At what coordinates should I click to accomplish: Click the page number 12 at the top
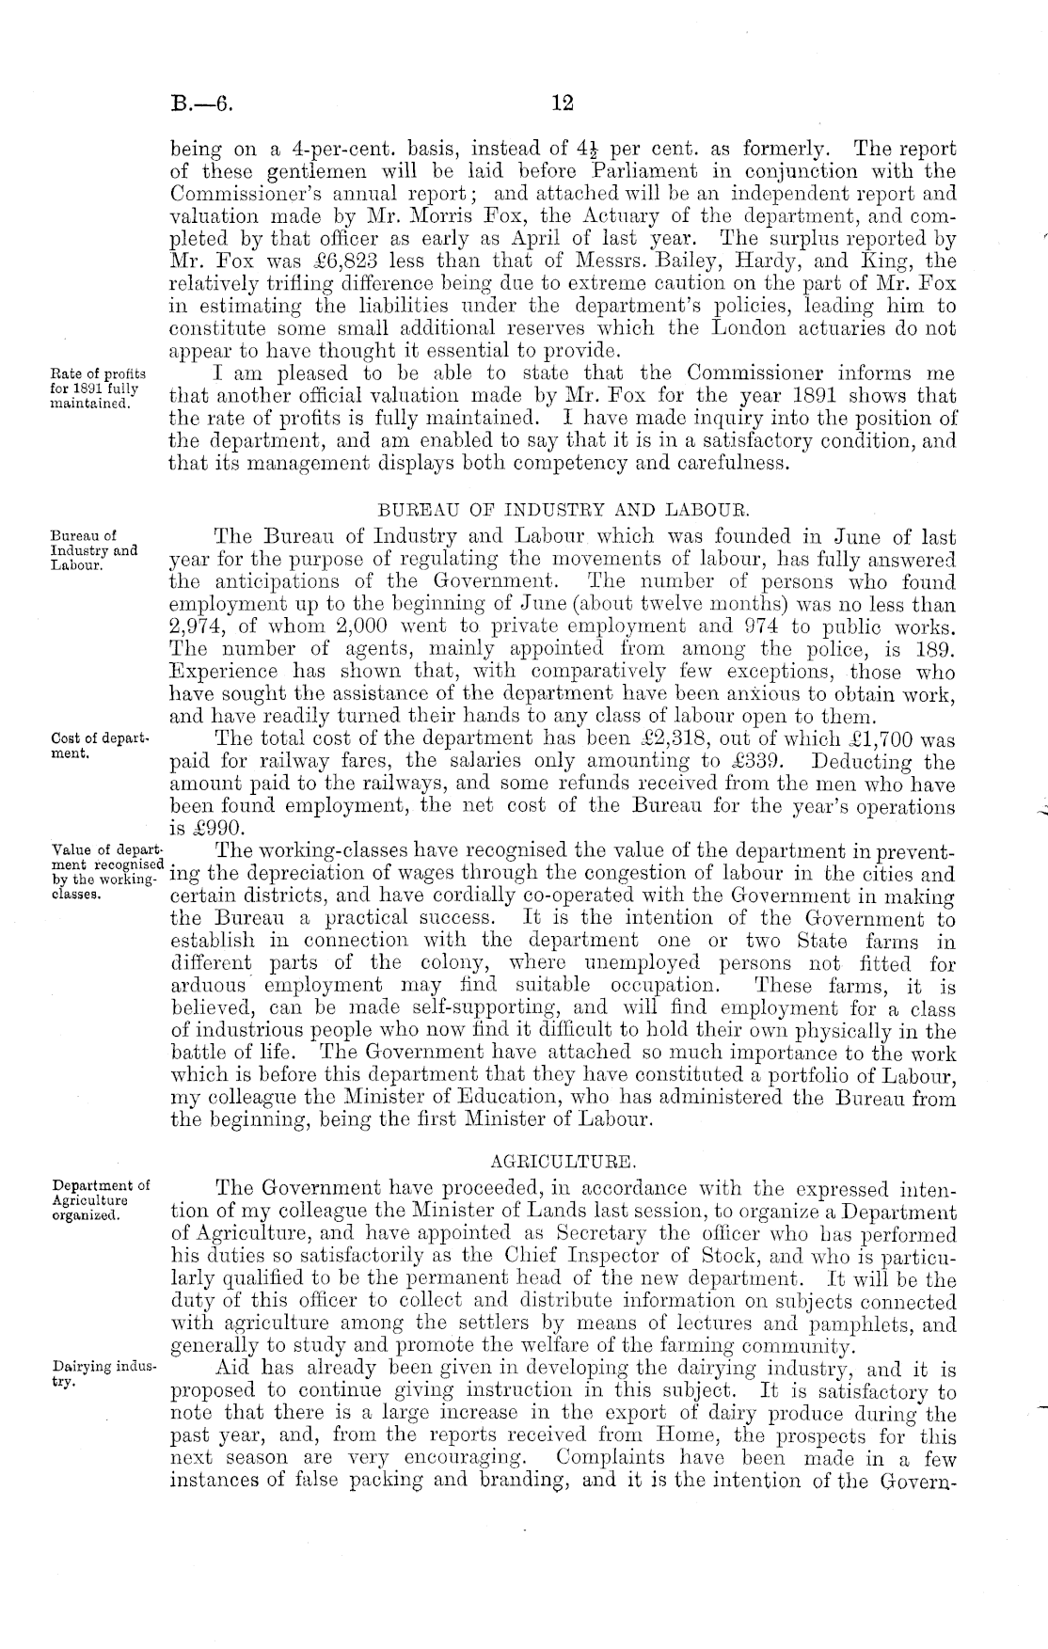[562, 103]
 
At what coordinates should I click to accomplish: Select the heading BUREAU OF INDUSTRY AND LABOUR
[563, 512]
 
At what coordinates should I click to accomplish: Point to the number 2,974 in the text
[198, 628]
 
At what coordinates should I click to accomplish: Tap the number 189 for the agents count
[937, 651]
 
